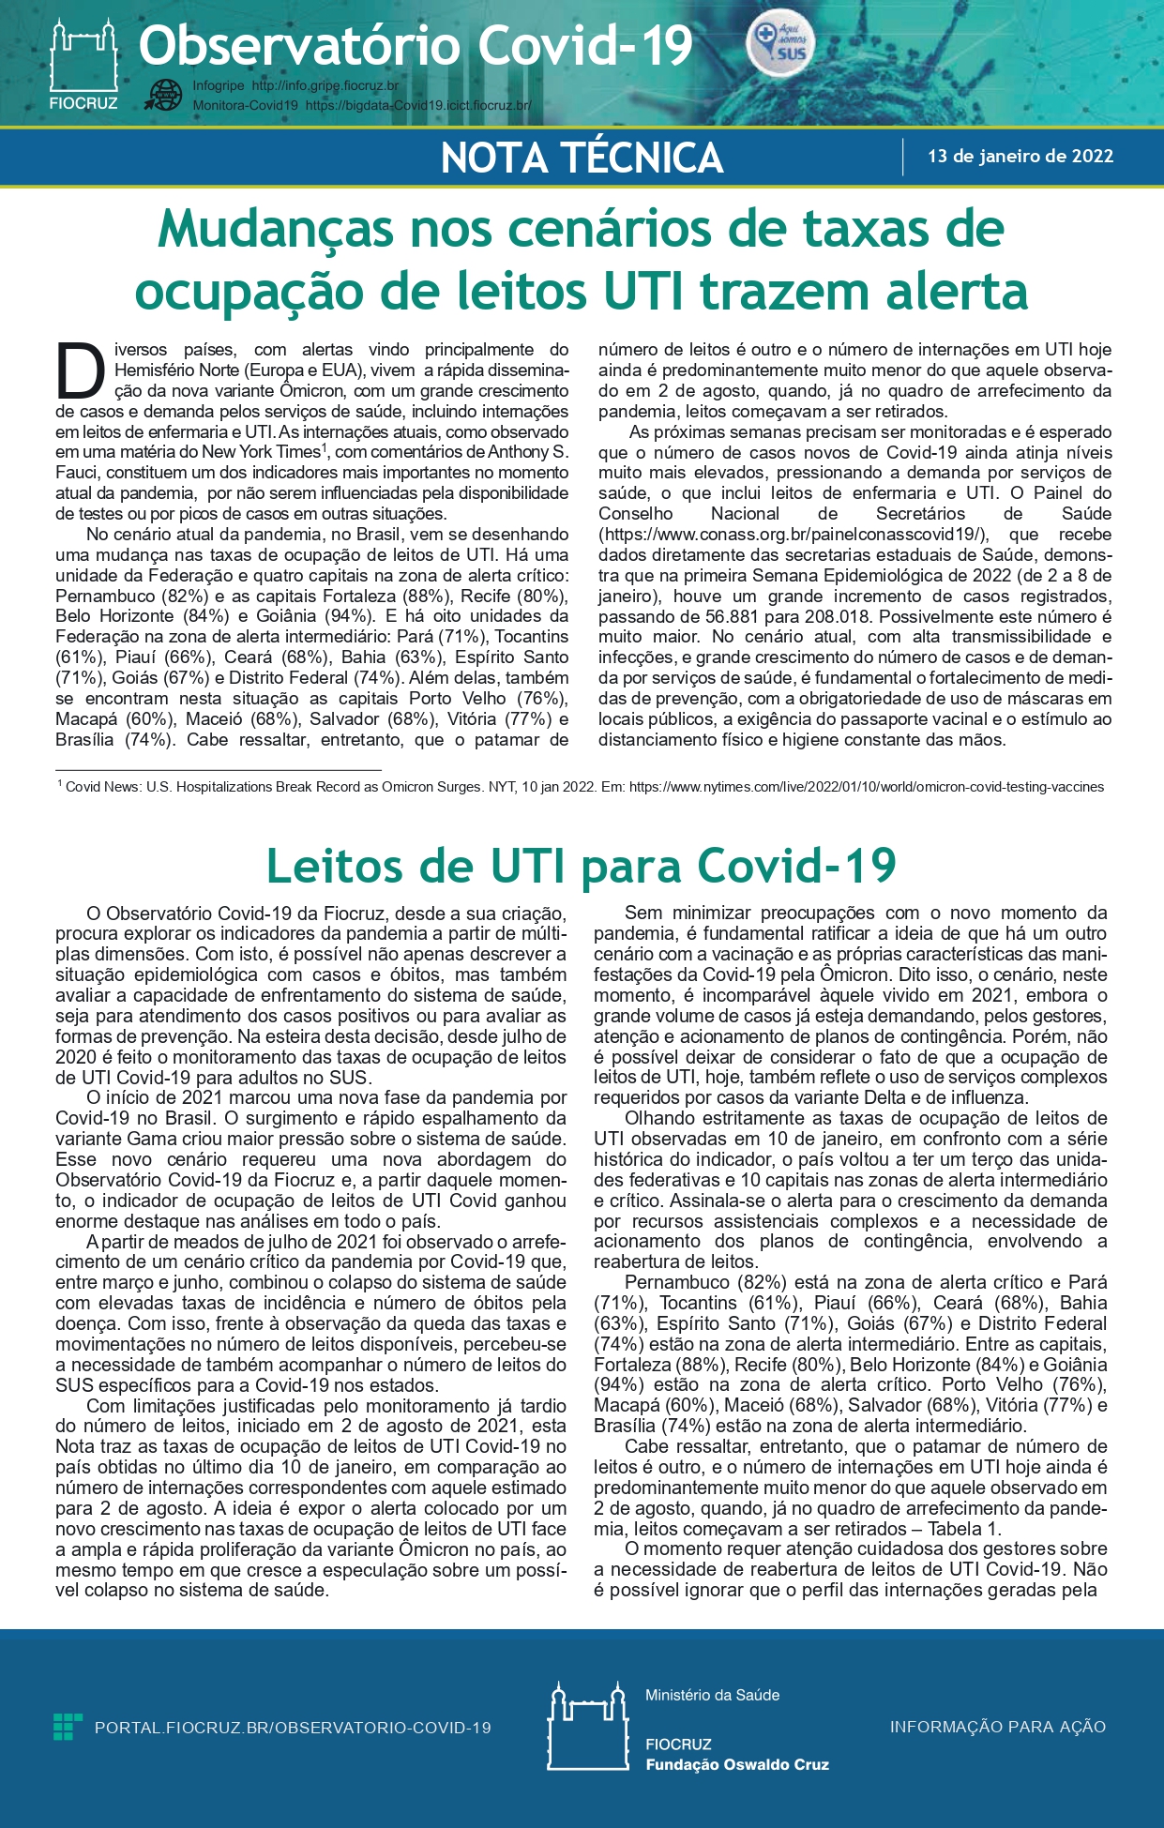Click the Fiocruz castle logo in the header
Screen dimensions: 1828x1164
(x=83, y=58)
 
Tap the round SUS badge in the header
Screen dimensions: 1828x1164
(x=780, y=46)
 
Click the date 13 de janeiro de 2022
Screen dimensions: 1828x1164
(x=1020, y=157)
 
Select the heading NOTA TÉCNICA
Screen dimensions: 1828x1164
(x=582, y=158)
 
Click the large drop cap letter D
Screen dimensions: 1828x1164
(x=80, y=371)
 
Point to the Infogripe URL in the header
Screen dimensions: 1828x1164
(x=325, y=86)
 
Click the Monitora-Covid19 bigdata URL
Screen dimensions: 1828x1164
(x=417, y=106)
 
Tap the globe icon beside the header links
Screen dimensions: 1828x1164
(x=166, y=96)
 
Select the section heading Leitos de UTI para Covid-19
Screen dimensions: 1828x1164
(x=582, y=865)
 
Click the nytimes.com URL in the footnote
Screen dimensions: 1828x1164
(x=866, y=787)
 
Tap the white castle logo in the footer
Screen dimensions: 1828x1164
(x=587, y=1727)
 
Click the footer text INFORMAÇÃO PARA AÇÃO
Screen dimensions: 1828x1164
(x=997, y=1727)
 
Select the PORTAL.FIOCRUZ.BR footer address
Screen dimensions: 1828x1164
(x=293, y=1728)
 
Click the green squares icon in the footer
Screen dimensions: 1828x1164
(x=68, y=1727)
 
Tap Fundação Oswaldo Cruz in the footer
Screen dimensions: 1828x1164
(x=736, y=1764)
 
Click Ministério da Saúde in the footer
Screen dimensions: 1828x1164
(x=712, y=1695)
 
